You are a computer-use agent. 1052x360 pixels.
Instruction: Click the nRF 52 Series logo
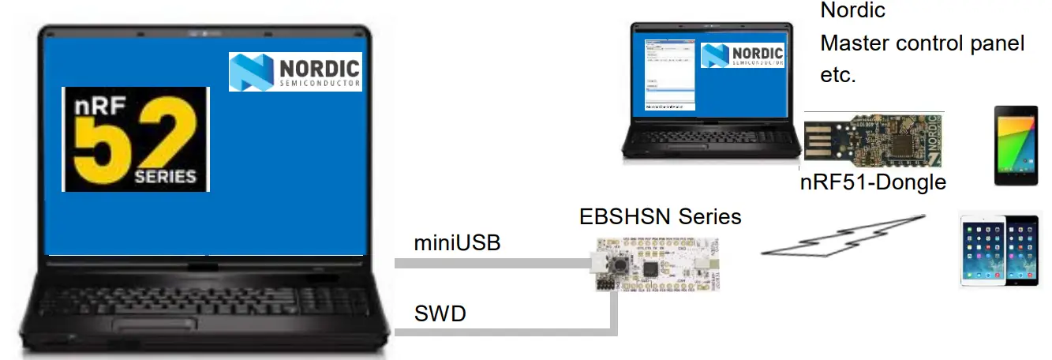135,139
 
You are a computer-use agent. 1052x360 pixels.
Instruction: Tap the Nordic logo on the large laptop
295,71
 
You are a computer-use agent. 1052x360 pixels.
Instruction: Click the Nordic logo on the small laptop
743,54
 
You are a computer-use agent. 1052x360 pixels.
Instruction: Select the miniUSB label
457,243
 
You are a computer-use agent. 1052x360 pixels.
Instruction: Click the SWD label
440,314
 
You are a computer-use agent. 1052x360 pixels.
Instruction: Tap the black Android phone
1018,146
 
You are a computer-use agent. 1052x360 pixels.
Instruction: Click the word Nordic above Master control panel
852,11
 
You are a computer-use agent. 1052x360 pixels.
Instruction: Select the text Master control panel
922,43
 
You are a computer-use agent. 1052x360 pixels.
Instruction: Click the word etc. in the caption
838,76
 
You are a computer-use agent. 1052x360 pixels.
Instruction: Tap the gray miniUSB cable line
489,264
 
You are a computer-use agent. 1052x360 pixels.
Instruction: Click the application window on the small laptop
668,74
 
